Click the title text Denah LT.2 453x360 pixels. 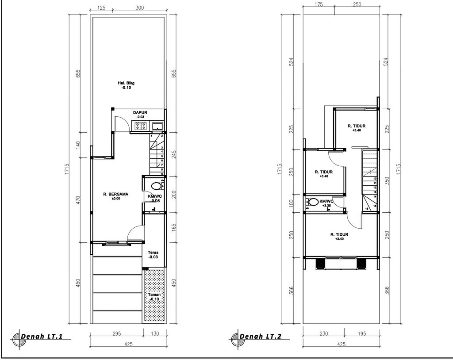[261, 337]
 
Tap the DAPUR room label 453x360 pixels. [140, 113]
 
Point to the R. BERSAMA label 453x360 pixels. [115, 194]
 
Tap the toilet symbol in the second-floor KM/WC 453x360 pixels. [314, 202]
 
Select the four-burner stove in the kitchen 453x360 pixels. [141, 126]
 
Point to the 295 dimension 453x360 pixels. [116, 334]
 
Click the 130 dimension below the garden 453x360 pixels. [155, 334]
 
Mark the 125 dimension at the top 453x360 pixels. [101, 8]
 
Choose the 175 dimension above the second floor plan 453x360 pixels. [319, 4]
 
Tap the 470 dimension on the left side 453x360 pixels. [78, 199]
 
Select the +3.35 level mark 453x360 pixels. [326, 206]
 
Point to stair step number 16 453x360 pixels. [367, 206]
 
